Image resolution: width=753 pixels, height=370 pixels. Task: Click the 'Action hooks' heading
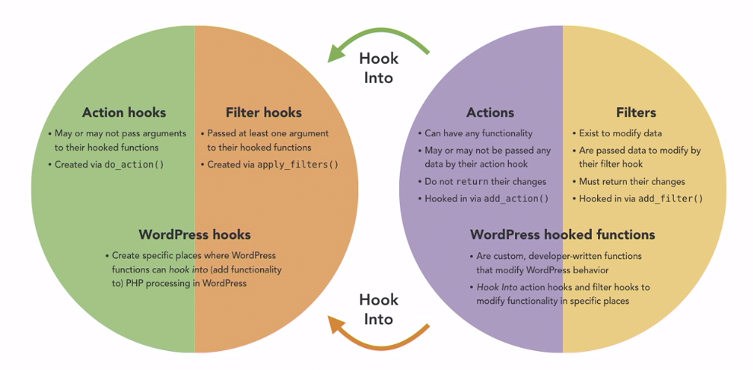tap(123, 113)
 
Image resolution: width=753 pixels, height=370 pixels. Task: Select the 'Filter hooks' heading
tap(263, 113)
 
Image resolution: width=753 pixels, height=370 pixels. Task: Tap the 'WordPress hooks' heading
tap(195, 234)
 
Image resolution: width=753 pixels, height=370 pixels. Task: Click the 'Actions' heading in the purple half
tap(490, 113)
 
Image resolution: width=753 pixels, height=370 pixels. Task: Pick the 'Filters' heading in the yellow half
tap(636, 113)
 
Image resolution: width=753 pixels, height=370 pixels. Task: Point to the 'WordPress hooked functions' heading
tap(562, 234)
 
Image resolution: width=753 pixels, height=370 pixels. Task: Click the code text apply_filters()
tap(297, 164)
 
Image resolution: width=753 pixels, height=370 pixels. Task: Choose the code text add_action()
tap(516, 199)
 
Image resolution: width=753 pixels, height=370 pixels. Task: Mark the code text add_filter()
tap(672, 199)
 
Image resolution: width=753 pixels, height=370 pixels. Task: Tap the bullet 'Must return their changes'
tap(631, 181)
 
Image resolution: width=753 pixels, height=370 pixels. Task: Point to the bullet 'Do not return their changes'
tap(485, 181)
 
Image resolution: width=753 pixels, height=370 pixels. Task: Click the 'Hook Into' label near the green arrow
tap(378, 67)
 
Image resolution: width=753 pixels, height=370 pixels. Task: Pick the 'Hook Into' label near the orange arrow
tap(378, 309)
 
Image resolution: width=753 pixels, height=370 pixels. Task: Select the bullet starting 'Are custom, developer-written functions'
tap(559, 263)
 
